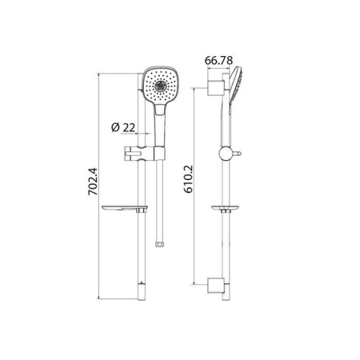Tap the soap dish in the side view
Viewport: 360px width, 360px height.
[229, 210]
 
